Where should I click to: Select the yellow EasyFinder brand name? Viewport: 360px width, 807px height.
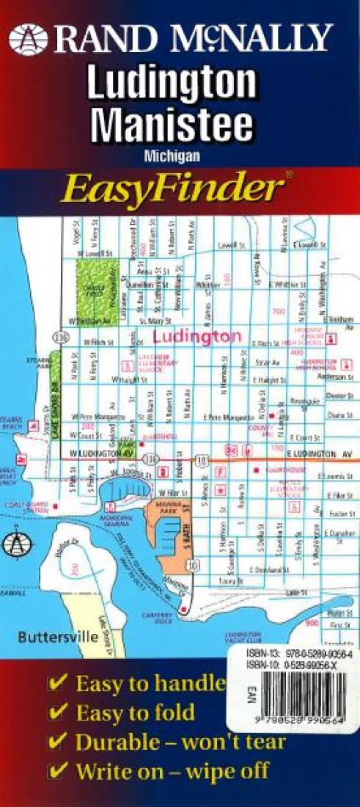[172, 189]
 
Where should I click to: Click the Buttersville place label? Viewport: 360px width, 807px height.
[59, 636]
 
